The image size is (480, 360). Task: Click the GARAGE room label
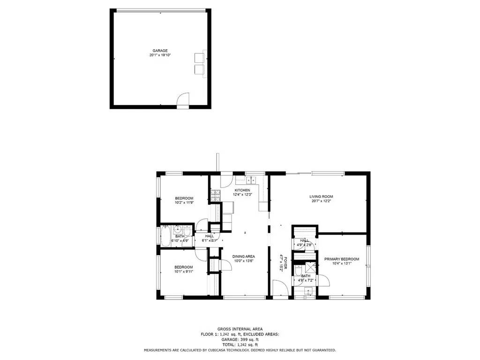pos(160,51)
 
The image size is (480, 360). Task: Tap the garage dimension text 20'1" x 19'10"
pos(160,55)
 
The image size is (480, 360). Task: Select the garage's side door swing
pos(182,101)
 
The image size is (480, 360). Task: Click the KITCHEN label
pos(242,190)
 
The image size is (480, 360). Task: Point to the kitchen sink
pos(249,179)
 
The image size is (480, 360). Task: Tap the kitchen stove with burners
pos(215,196)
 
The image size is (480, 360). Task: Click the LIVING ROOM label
pos(321,196)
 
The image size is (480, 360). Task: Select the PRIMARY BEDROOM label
pos(342,259)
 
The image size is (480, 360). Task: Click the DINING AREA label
pos(244,256)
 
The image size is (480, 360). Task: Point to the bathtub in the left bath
pos(165,236)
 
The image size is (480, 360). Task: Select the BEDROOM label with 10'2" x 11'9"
pos(184,198)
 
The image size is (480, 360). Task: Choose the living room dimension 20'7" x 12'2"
pos(321,201)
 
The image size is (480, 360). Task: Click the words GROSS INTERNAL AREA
pos(240,329)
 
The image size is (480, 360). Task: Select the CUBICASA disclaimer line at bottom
pos(240,350)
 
